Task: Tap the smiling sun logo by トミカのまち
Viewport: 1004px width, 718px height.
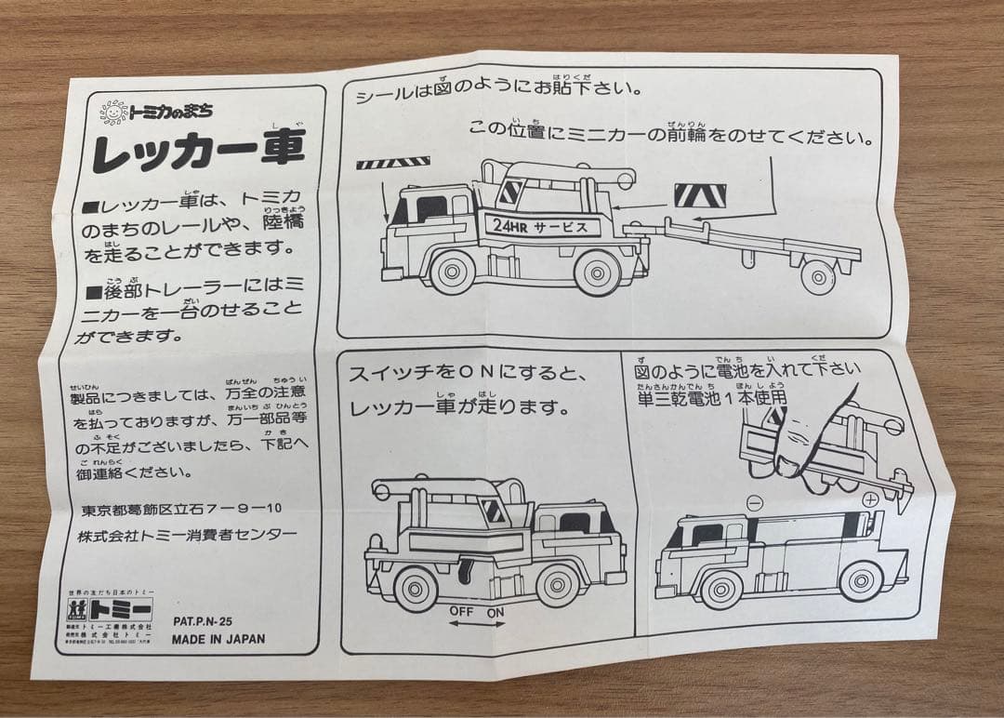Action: [x=113, y=113]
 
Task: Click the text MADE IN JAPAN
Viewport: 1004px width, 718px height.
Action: [x=218, y=639]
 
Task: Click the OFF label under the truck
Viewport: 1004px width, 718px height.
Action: [x=462, y=611]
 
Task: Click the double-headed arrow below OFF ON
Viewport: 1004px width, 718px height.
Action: [x=479, y=625]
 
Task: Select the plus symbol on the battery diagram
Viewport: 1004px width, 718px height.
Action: [x=870, y=500]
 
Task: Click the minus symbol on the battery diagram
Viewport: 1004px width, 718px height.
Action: [x=754, y=503]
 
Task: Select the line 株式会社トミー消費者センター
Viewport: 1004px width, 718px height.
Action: [x=187, y=534]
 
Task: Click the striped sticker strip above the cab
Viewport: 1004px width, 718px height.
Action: [x=392, y=163]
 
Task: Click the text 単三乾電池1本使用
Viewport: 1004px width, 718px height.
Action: [x=711, y=397]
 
